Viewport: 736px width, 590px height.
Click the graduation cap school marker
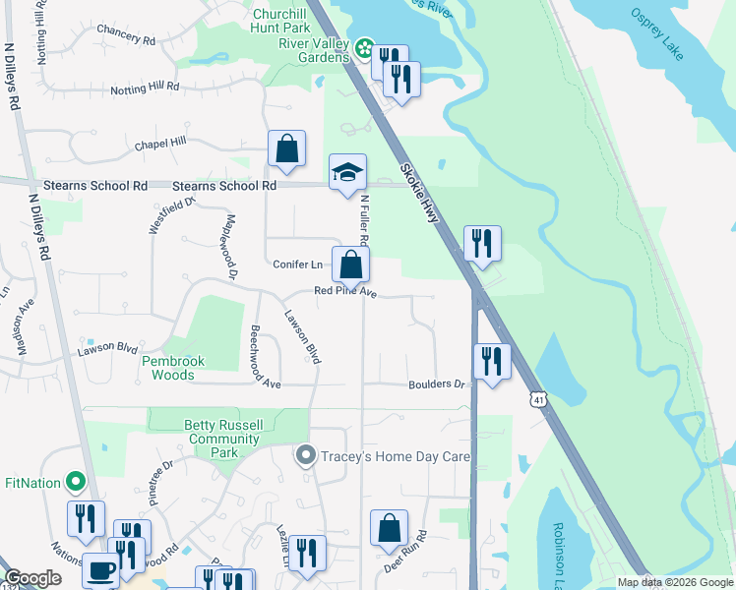coord(347,172)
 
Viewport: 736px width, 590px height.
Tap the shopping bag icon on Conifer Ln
coord(350,264)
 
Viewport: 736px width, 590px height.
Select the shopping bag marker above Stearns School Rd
coord(286,149)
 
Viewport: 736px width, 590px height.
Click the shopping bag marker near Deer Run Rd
coord(389,528)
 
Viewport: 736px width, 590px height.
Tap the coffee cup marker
coord(99,568)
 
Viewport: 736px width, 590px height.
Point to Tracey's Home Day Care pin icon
coord(305,456)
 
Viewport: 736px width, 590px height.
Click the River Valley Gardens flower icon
coord(364,48)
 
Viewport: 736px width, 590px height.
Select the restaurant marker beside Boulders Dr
coord(490,361)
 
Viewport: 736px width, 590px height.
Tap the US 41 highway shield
coord(536,398)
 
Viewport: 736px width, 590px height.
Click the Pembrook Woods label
coord(173,368)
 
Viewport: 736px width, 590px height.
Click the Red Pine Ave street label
coord(345,291)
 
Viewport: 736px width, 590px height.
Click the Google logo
coord(32,578)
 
